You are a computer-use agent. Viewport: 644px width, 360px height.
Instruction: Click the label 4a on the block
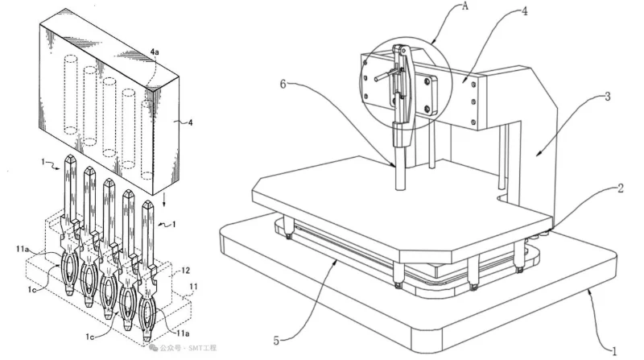pyautogui.click(x=155, y=52)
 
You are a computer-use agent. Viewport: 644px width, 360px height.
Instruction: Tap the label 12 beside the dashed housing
pyautogui.click(x=186, y=271)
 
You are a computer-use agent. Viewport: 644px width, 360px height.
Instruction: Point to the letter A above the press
pyautogui.click(x=465, y=6)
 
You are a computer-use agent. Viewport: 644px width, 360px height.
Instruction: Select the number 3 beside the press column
pyautogui.click(x=608, y=96)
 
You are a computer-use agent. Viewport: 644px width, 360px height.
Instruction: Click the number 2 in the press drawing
pyautogui.click(x=621, y=188)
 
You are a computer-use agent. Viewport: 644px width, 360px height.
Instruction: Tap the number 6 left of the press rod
pyautogui.click(x=283, y=84)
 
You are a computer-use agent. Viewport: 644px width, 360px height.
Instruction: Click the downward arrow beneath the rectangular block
pyautogui.click(x=164, y=201)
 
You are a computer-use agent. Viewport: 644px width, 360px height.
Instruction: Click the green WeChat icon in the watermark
pyautogui.click(x=153, y=348)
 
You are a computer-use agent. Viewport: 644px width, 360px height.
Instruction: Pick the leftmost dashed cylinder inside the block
pyautogui.click(x=70, y=94)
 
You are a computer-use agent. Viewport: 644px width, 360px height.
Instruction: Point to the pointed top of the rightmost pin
pyautogui.click(x=147, y=203)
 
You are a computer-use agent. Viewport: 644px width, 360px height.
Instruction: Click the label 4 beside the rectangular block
pyautogui.click(x=190, y=122)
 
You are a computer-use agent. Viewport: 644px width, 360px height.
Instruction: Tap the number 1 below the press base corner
pyautogui.click(x=614, y=351)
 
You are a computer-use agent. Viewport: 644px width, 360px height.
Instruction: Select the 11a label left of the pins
pyautogui.click(x=23, y=249)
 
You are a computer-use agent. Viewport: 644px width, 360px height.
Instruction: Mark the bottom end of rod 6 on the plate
pyautogui.click(x=400, y=188)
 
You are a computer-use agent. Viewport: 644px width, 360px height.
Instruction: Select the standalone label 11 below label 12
pyautogui.click(x=193, y=287)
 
